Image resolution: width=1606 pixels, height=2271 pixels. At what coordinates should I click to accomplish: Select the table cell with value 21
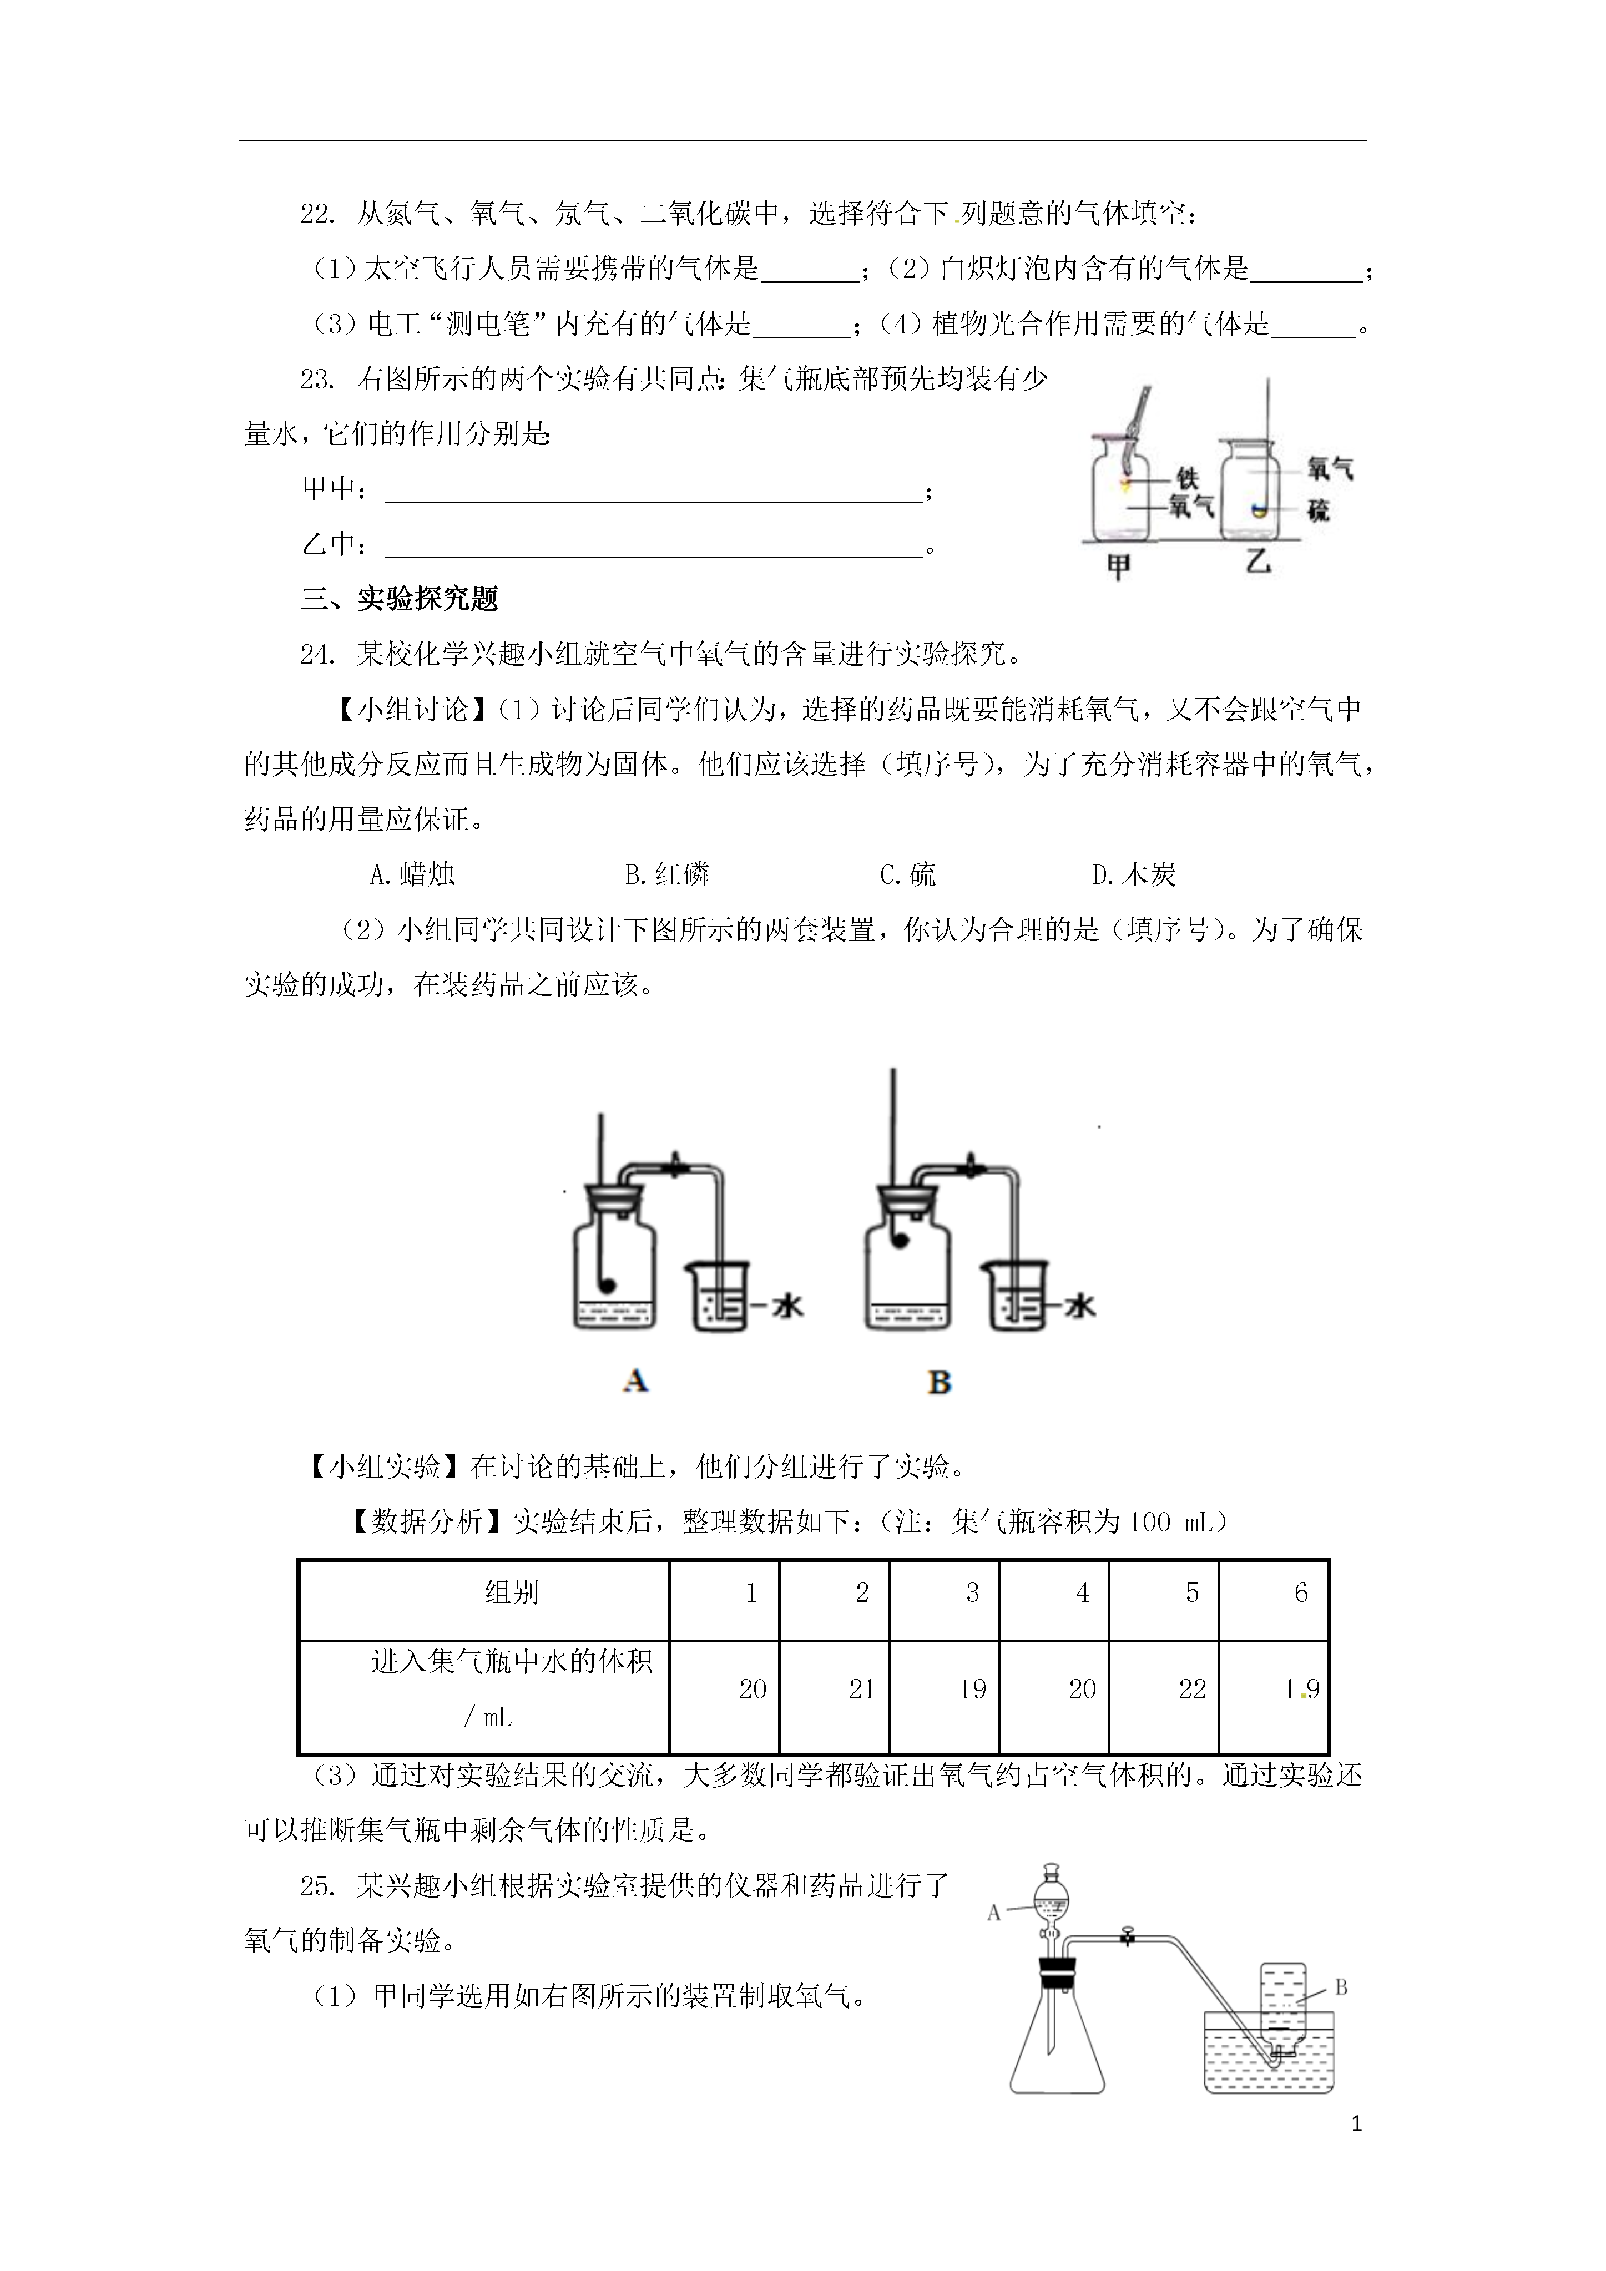(862, 1690)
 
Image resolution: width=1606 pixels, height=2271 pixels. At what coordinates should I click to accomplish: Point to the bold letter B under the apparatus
(939, 1382)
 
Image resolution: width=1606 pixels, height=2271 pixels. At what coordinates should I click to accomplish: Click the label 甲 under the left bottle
(1118, 567)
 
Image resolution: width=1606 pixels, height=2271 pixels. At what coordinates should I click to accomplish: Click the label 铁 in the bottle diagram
(1188, 479)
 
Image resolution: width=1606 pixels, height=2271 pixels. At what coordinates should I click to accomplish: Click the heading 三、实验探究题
(400, 599)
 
